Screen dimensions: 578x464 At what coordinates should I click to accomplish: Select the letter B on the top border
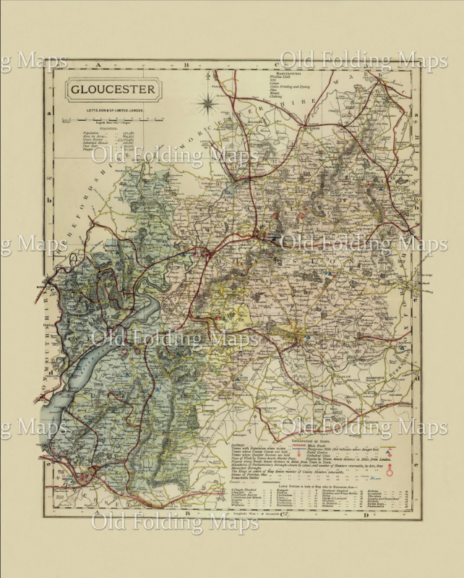click(185, 65)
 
